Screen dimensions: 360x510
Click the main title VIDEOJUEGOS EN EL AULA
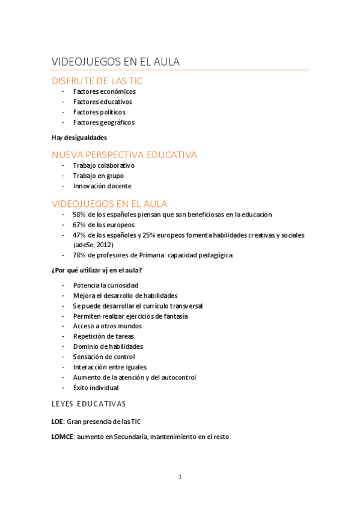click(116, 63)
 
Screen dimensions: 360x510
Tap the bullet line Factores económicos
click(104, 92)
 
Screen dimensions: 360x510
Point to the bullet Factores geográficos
click(103, 123)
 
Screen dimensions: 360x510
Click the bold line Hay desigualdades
click(79, 138)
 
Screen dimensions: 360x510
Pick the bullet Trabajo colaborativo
click(103, 165)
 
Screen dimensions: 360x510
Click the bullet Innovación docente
click(102, 186)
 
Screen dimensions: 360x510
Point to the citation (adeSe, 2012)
click(93, 245)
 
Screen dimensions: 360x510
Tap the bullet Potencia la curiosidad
click(106, 285)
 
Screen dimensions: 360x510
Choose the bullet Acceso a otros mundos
click(107, 326)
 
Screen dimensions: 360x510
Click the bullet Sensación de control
click(103, 357)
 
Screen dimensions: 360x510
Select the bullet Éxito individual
click(96, 388)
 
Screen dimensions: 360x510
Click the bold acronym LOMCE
click(62, 437)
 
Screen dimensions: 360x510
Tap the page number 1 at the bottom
click(180, 478)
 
